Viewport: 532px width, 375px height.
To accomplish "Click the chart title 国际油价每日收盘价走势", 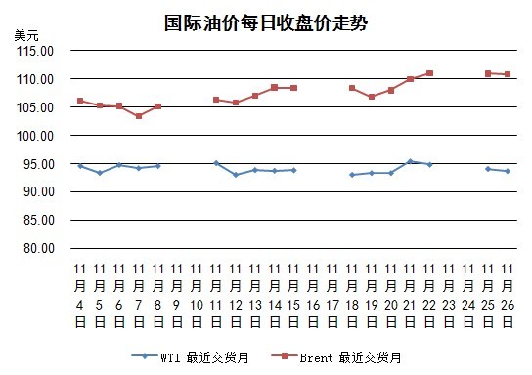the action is click(266, 23).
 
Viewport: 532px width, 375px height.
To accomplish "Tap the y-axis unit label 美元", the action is click(26, 35).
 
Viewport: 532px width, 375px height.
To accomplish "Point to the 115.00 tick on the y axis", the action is click(35, 51).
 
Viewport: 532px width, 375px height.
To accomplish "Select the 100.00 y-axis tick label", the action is click(35, 136).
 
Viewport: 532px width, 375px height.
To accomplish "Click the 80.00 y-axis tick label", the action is click(39, 248).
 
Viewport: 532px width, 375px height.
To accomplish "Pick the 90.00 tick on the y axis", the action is click(39, 191).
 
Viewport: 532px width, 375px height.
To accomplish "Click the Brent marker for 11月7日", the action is click(139, 116).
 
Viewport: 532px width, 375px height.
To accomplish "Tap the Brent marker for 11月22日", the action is click(429, 73).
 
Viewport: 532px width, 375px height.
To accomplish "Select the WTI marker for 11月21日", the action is click(410, 161).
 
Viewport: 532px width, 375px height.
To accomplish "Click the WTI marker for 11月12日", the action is click(236, 175).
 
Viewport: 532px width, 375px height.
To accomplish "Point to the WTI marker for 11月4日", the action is click(80, 166).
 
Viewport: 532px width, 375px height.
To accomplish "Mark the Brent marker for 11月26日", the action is click(508, 74).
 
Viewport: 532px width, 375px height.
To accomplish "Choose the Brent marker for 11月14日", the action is click(275, 87).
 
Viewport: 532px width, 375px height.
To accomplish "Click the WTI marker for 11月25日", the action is click(488, 169).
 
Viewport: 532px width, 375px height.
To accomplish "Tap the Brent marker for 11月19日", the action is click(372, 97).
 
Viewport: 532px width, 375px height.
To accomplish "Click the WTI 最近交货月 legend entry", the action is click(191, 357).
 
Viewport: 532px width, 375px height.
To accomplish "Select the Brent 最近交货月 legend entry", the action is click(336, 357).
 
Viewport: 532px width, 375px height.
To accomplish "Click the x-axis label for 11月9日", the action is click(177, 296).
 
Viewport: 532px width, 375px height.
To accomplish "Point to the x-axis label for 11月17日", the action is click(332, 296).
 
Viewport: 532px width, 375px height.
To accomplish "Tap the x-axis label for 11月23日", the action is click(449, 296).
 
